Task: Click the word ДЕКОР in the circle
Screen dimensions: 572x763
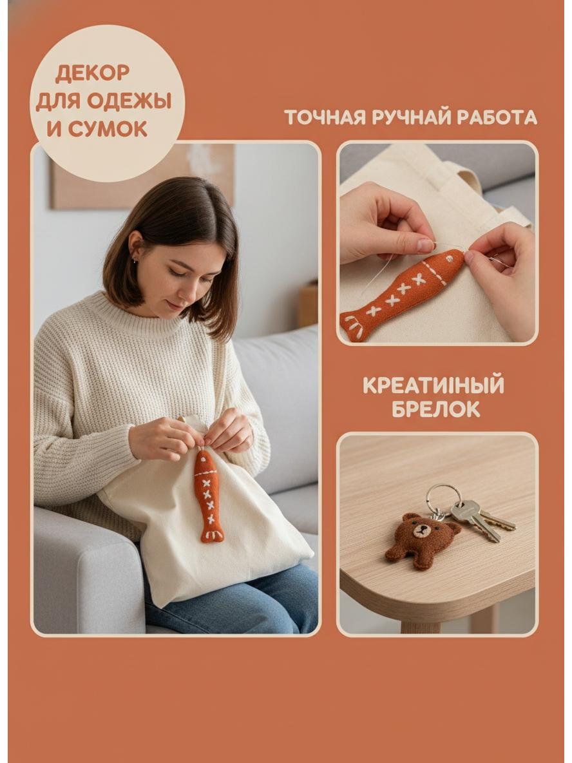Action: point(92,73)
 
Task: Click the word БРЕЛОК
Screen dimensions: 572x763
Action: point(436,409)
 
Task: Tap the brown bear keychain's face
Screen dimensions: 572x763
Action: point(421,530)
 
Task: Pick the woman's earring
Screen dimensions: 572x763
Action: point(134,261)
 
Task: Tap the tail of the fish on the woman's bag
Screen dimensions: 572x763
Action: point(212,535)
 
